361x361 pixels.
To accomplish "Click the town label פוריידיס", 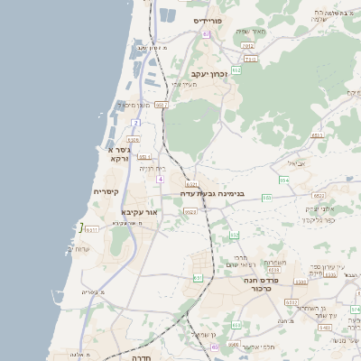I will [x=213, y=20].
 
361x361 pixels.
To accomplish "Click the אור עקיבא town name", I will [x=139, y=212].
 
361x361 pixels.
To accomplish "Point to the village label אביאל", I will [x=296, y=163].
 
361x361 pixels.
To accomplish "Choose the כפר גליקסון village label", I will [x=319, y=218].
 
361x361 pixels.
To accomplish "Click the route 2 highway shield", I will [x=135, y=122].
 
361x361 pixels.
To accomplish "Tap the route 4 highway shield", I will [x=160, y=180].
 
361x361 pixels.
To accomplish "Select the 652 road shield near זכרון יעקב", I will [x=236, y=69].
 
